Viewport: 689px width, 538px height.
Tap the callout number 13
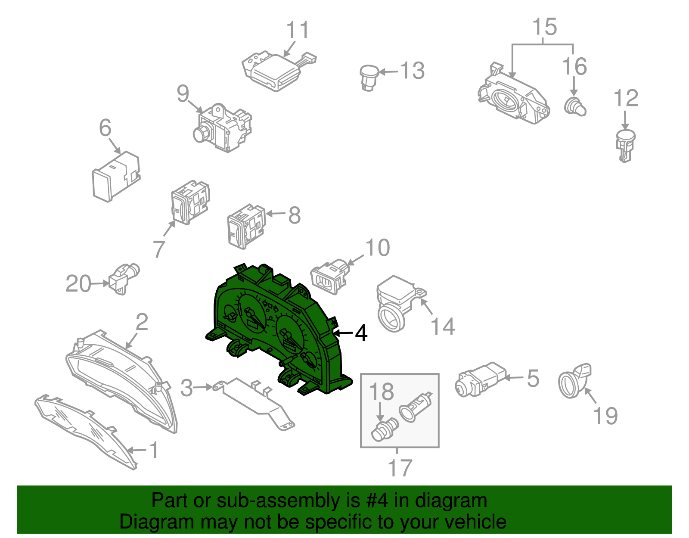click(413, 70)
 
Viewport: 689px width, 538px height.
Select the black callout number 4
click(361, 333)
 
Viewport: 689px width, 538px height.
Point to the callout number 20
click(78, 283)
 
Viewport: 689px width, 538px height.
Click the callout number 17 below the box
click(400, 468)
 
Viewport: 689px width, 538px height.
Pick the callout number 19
click(605, 416)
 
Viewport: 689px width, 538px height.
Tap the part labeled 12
click(625, 146)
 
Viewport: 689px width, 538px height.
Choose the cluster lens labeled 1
click(86, 431)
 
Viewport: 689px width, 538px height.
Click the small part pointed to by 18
click(384, 429)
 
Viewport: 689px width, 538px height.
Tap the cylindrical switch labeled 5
click(481, 379)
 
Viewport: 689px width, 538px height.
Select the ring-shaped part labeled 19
click(574, 381)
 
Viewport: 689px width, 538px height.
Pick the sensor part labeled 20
click(124, 278)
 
